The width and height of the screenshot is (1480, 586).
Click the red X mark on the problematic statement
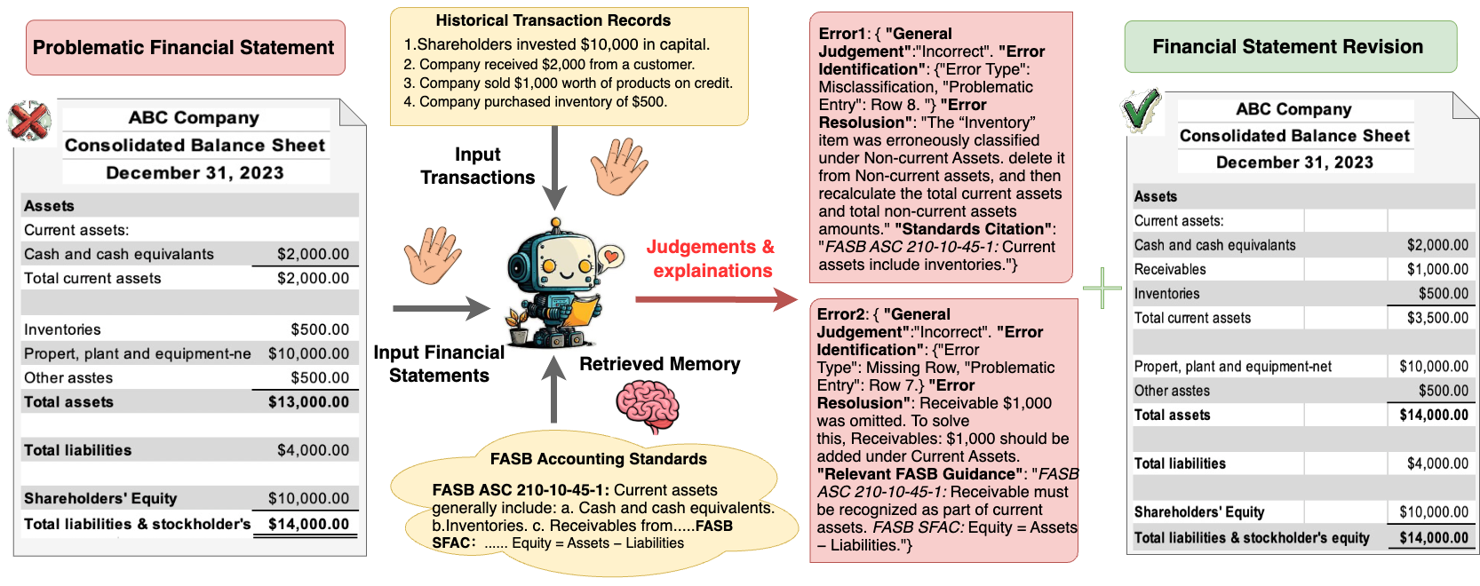(29, 121)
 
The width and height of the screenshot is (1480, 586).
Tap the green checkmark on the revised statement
(1141, 111)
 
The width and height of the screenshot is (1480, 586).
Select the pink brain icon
(648, 406)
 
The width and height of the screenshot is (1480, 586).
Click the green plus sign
(1102, 289)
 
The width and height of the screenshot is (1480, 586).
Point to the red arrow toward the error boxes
(715, 299)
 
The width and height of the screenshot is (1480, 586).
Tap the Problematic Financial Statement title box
(184, 48)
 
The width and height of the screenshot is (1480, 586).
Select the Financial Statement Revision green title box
(1289, 47)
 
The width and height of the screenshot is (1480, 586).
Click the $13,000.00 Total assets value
(308, 402)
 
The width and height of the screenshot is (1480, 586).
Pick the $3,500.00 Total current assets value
(1436, 318)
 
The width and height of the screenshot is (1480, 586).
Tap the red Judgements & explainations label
(711, 258)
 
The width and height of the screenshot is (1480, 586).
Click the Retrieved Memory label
(659, 364)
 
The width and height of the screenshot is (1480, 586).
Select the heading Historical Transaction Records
(553, 20)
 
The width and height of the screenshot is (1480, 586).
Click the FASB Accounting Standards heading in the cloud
(598, 459)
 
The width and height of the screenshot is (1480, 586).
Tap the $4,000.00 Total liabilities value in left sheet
(313, 450)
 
